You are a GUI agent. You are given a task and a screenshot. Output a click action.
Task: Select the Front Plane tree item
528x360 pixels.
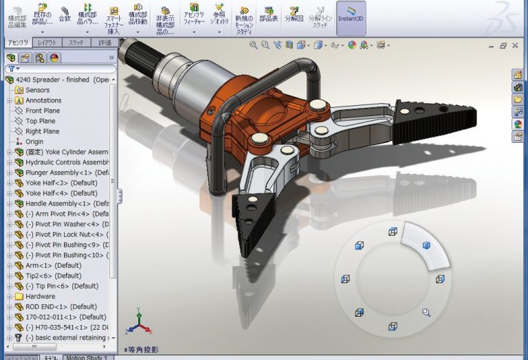click(42, 111)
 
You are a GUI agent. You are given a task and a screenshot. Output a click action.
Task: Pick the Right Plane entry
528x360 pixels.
click(42, 131)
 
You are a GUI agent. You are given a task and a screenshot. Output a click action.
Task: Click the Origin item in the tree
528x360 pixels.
click(34, 142)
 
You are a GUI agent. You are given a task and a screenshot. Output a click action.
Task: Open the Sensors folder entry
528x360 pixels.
click(37, 90)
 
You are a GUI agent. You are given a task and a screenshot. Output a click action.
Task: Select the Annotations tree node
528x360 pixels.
click(43, 100)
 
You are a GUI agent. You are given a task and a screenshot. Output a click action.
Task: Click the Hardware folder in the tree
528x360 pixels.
click(40, 296)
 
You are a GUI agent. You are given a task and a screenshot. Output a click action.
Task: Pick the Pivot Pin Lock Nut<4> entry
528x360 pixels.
click(65, 234)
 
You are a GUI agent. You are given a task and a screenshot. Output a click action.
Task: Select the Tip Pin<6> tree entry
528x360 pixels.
click(61, 286)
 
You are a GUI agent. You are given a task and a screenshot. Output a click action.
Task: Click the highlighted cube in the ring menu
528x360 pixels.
click(426, 245)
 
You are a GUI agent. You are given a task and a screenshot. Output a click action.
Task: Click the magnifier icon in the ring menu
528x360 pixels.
click(426, 312)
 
